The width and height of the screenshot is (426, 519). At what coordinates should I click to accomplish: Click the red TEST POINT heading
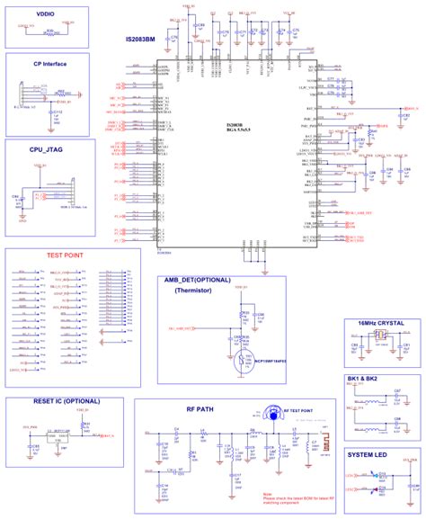(65, 255)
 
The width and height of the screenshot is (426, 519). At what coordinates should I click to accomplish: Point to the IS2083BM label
(144, 41)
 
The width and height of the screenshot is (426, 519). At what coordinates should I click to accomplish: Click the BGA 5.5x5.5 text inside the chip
(238, 132)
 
